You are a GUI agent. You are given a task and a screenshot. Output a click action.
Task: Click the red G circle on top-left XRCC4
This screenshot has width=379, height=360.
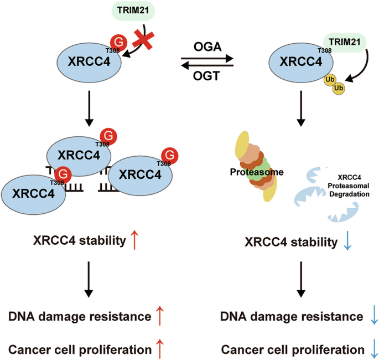point(118,41)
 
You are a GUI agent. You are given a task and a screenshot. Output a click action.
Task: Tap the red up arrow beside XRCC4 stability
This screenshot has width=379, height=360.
point(133,240)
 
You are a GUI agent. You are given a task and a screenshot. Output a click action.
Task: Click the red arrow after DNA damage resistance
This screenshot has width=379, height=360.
point(161,317)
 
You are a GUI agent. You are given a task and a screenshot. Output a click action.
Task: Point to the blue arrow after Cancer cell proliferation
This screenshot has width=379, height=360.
point(375,349)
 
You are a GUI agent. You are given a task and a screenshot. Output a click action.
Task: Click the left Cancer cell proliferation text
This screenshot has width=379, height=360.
point(80,349)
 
